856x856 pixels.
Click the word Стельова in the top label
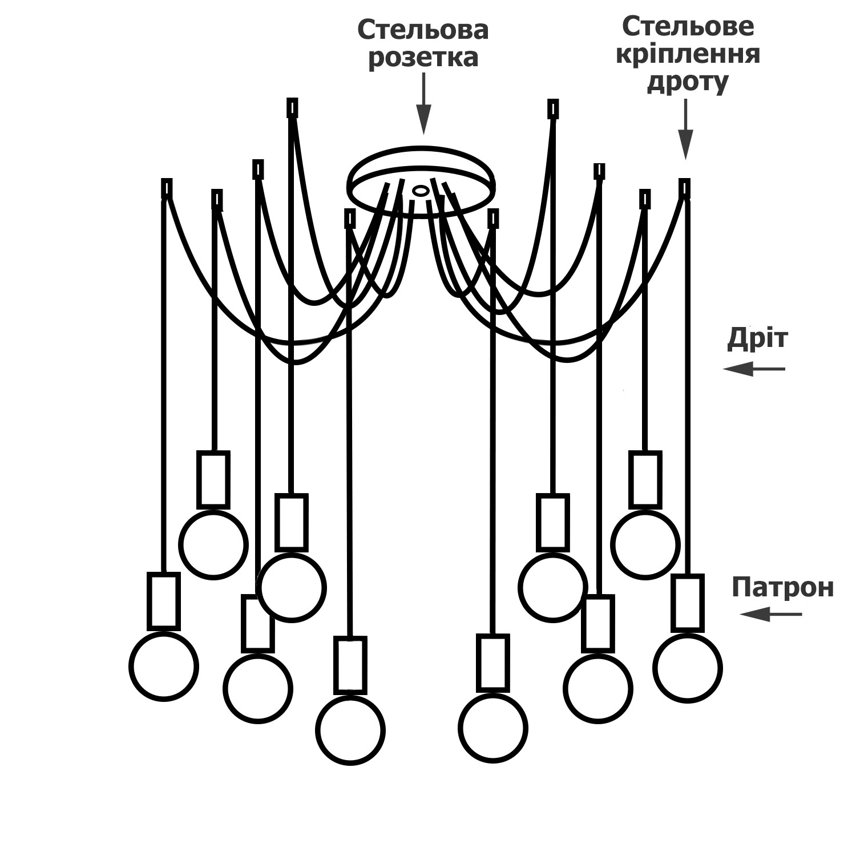tap(423, 30)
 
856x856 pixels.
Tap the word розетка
tap(423, 58)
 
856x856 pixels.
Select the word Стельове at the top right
tap(688, 26)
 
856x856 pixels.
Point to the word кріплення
tap(688, 54)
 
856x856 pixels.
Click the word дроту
tap(687, 82)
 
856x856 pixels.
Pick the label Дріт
tap(757, 338)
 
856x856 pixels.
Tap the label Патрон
tap(782, 587)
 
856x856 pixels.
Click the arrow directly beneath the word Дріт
tap(754, 369)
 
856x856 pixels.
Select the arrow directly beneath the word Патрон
tap(771, 615)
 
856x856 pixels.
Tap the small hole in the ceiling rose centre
tap(421, 191)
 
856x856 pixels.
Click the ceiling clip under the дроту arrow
tap(684, 187)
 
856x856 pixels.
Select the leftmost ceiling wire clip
tap(167, 188)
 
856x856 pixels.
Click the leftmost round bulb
tap(164, 666)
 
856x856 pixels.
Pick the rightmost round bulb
tap(688, 668)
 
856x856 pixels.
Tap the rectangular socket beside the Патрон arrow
tap(687, 603)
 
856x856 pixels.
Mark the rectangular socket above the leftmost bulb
tap(164, 601)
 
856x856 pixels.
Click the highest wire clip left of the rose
tap(292, 107)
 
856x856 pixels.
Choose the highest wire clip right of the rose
tap(553, 108)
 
